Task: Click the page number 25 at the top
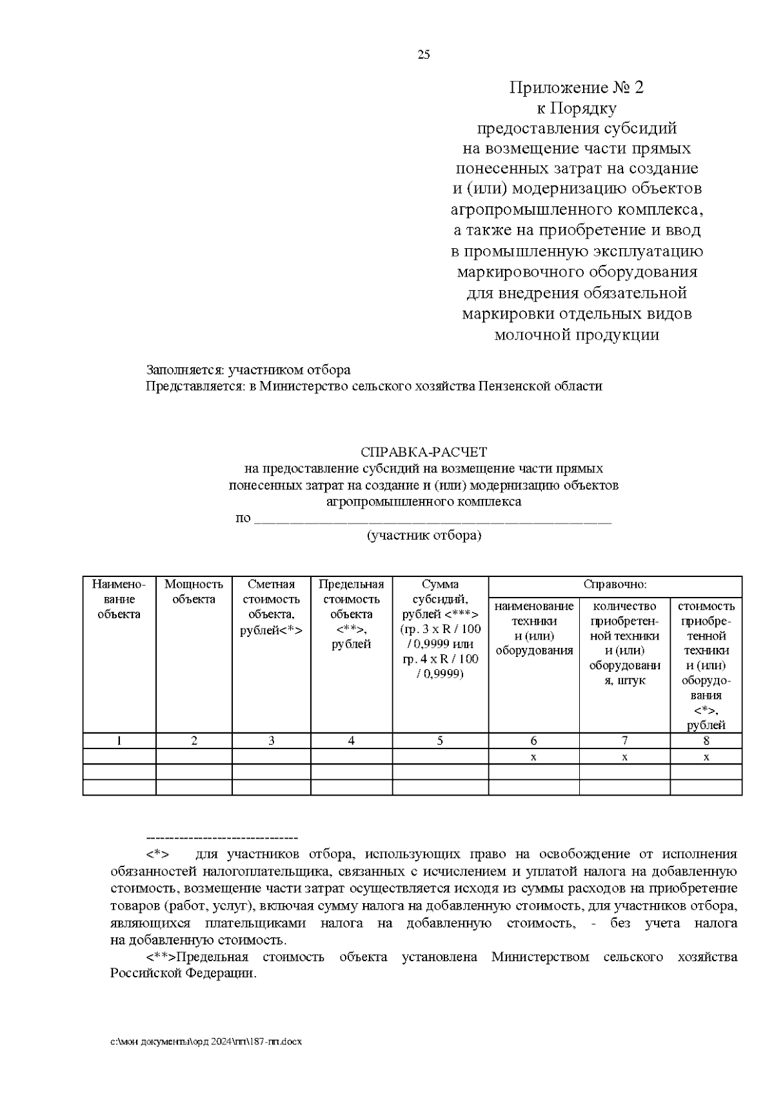pos(424,55)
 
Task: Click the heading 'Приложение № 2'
pos(577,87)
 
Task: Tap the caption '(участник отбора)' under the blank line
pos(424,535)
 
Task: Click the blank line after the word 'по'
pos(432,520)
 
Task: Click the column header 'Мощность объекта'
pos(193,592)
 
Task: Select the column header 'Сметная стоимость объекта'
pos(271,607)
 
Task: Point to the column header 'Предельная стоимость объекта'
pos(351,614)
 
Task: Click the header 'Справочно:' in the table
pos(615,585)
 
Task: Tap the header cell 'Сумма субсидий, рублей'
pos(440,629)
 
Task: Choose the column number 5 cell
pos(440,741)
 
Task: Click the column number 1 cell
pos(119,741)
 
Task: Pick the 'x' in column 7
pos(624,757)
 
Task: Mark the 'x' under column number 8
pos(706,757)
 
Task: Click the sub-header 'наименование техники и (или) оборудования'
pos(534,628)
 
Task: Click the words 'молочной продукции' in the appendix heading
pos(577,335)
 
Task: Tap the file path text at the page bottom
pos(206,1041)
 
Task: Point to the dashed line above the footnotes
pos(222,837)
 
